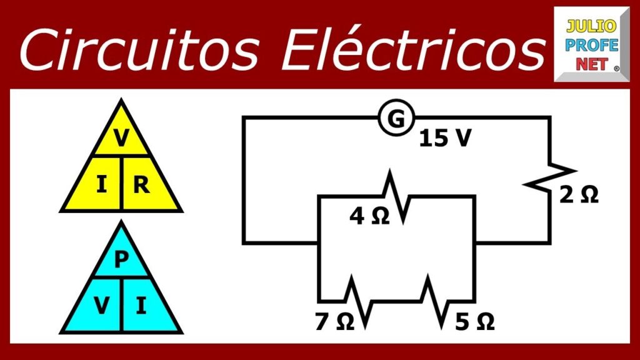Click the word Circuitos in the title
pos(139,50)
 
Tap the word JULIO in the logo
pos(591,26)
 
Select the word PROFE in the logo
pos(592,45)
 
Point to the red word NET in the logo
pos(592,64)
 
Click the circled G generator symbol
pos(396,118)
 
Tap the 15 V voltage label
pos(445,138)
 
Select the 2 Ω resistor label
pos(579,195)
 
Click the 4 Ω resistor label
pos(369,216)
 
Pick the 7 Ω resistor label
pos(335,321)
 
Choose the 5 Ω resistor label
pos(475,321)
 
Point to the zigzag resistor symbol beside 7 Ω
pos(358,302)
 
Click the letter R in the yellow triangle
pos(141,184)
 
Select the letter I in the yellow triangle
pos(102,184)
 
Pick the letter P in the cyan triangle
pos(121,259)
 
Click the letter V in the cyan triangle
pos(101,305)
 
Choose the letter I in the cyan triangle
pos(141,305)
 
